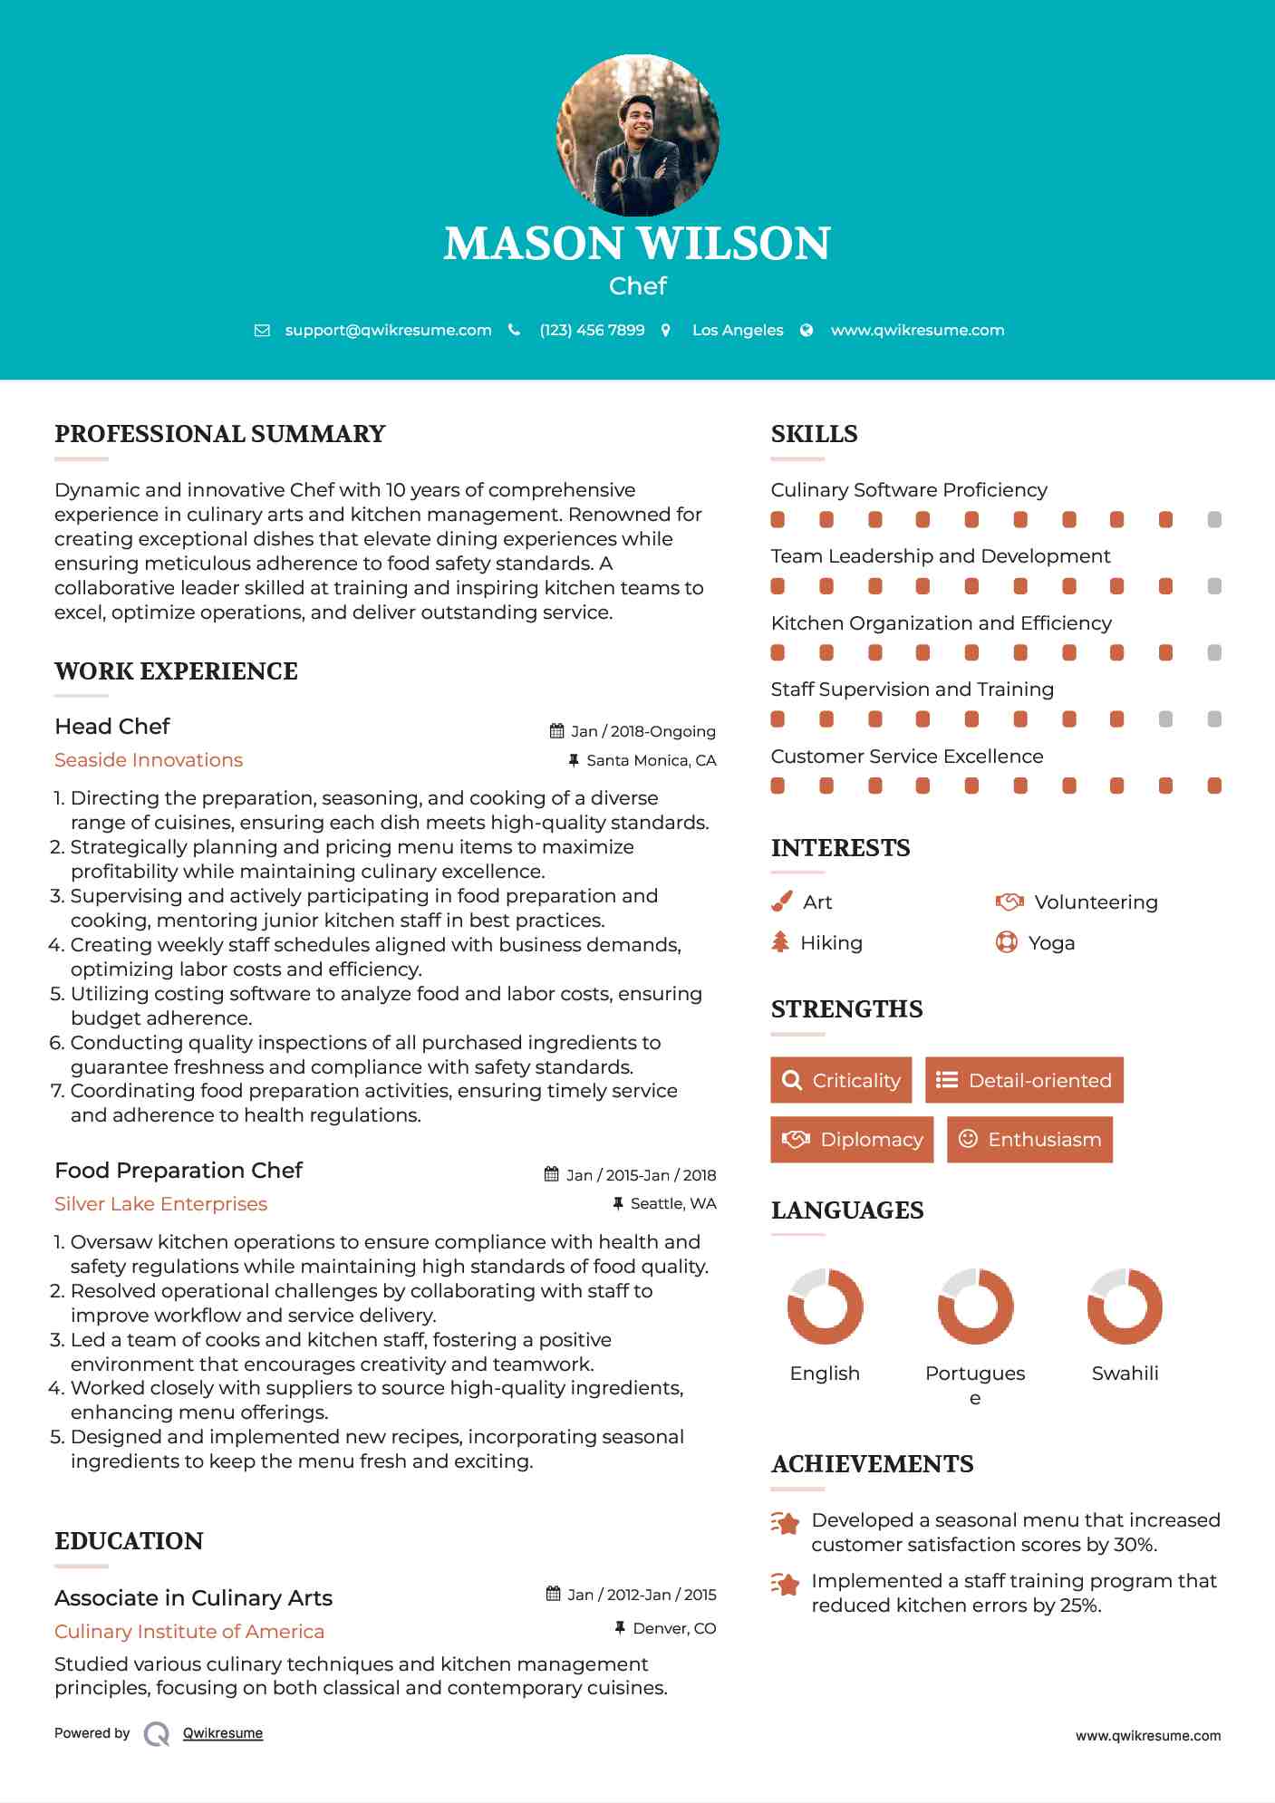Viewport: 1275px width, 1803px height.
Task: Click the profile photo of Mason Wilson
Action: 637,136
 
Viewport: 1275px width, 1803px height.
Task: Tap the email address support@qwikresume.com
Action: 388,331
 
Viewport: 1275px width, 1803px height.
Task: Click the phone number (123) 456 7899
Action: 592,331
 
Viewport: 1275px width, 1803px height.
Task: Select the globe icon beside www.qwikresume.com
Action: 807,331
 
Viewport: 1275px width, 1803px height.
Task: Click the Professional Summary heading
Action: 220,434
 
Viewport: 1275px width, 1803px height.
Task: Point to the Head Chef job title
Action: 112,727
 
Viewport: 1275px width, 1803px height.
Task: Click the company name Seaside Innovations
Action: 149,760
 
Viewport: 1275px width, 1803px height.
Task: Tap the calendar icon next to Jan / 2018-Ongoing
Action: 556,731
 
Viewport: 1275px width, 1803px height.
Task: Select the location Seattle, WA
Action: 672,1203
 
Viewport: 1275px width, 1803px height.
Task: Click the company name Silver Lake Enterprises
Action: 160,1204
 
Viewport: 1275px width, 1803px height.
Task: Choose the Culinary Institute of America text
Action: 189,1632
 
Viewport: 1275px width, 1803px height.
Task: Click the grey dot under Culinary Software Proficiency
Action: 1214,520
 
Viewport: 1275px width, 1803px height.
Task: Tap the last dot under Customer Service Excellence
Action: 1214,786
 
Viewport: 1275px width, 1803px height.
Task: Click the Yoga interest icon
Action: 1006,942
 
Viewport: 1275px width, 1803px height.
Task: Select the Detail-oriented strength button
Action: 1024,1080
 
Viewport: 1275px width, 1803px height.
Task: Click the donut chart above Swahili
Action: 1125,1306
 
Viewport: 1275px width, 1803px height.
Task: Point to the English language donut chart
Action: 825,1306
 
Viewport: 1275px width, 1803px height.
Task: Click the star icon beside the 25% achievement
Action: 786,1585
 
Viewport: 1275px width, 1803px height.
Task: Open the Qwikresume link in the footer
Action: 223,1733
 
